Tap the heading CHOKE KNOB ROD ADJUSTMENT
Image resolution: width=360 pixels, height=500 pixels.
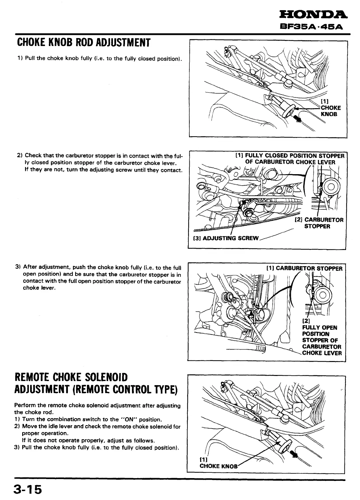[x=82, y=42]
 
